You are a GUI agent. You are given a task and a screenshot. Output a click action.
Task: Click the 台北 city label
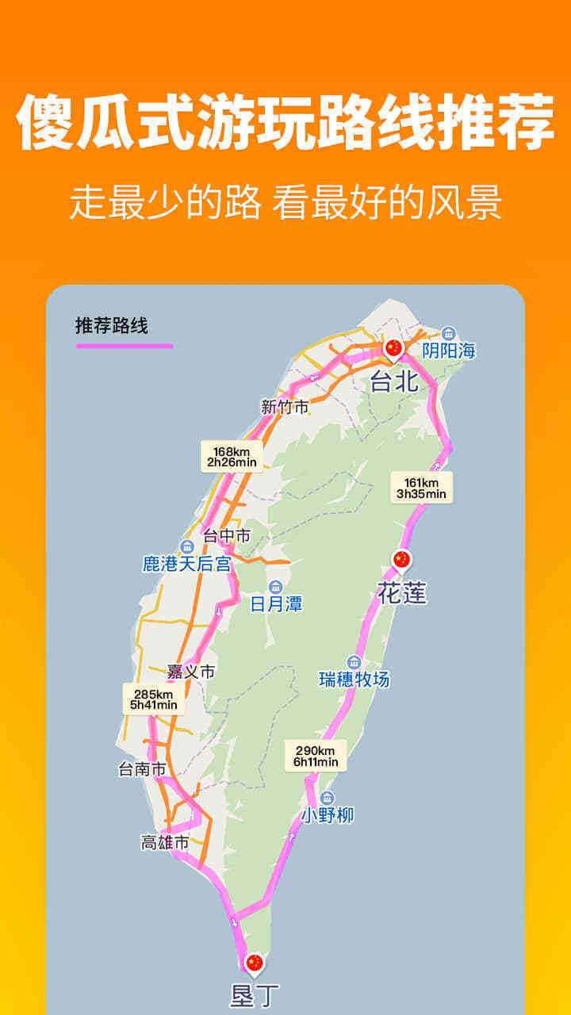pyautogui.click(x=394, y=382)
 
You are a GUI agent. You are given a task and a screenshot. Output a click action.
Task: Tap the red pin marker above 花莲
pyautogui.click(x=402, y=560)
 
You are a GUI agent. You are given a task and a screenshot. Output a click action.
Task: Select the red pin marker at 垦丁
pyautogui.click(x=254, y=963)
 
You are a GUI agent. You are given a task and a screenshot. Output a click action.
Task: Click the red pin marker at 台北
pyautogui.click(x=394, y=347)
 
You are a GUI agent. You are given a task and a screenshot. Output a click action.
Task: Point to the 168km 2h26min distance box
pyautogui.click(x=231, y=457)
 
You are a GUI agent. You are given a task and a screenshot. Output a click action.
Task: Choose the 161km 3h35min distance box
pyautogui.click(x=421, y=488)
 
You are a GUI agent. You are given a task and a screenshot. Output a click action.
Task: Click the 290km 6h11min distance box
pyautogui.click(x=316, y=756)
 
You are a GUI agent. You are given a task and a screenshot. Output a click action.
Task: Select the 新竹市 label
pyautogui.click(x=284, y=408)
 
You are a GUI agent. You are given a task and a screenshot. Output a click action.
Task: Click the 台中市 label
pyautogui.click(x=227, y=536)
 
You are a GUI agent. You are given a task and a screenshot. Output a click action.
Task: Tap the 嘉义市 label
pyautogui.click(x=191, y=672)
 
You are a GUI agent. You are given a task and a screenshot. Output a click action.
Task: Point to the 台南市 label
pyautogui.click(x=142, y=768)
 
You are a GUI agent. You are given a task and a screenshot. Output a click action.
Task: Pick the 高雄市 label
pyautogui.click(x=165, y=843)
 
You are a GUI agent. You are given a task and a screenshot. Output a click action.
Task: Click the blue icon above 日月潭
pyautogui.click(x=275, y=586)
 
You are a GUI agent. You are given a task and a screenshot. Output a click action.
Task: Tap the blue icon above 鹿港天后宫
pyautogui.click(x=187, y=546)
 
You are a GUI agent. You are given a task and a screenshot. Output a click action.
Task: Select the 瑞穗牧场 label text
pyautogui.click(x=354, y=680)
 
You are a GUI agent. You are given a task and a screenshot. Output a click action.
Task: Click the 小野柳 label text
pyautogui.click(x=328, y=815)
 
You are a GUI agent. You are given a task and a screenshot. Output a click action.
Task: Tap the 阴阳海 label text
pyautogui.click(x=449, y=350)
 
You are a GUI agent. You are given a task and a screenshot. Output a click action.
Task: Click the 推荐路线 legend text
pyautogui.click(x=112, y=326)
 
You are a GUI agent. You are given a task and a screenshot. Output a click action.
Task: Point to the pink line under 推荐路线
pyautogui.click(x=124, y=346)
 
